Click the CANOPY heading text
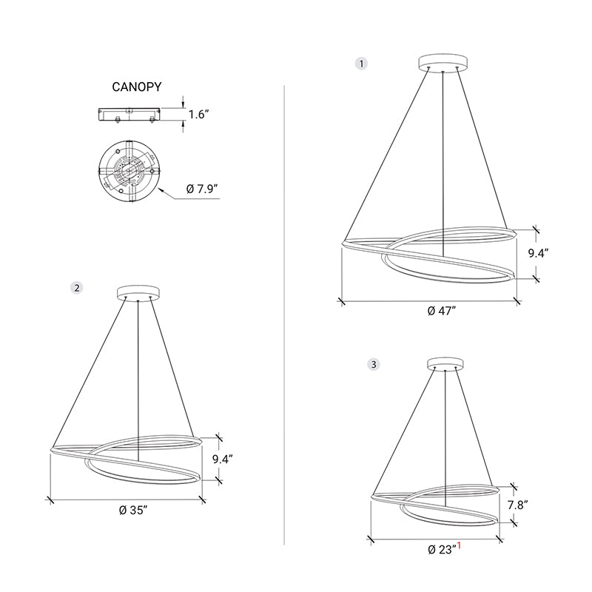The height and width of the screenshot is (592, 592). coord(137,87)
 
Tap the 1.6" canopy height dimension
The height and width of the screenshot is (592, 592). coord(198,114)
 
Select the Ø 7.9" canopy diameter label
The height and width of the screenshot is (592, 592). coord(202,189)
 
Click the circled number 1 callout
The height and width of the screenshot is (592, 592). coord(361,64)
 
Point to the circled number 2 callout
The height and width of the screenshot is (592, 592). coord(77,288)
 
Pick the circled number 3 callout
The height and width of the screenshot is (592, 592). coord(374,364)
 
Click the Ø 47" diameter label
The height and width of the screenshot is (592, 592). coord(442,311)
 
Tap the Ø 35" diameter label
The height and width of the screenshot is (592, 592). coord(133,510)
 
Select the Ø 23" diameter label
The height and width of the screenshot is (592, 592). coord(441,549)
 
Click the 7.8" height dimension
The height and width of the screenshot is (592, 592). coord(517,505)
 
